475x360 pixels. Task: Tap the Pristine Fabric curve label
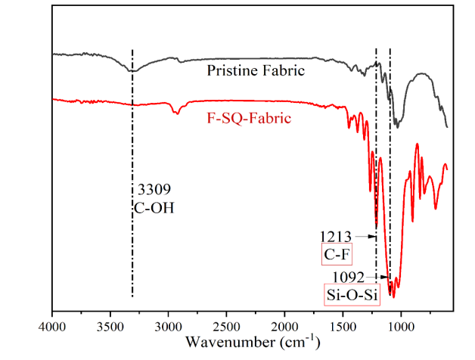pyautogui.click(x=256, y=72)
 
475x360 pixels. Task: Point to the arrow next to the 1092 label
pyautogui.click(x=377, y=277)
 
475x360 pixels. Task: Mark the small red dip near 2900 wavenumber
pyautogui.click(x=176, y=112)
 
